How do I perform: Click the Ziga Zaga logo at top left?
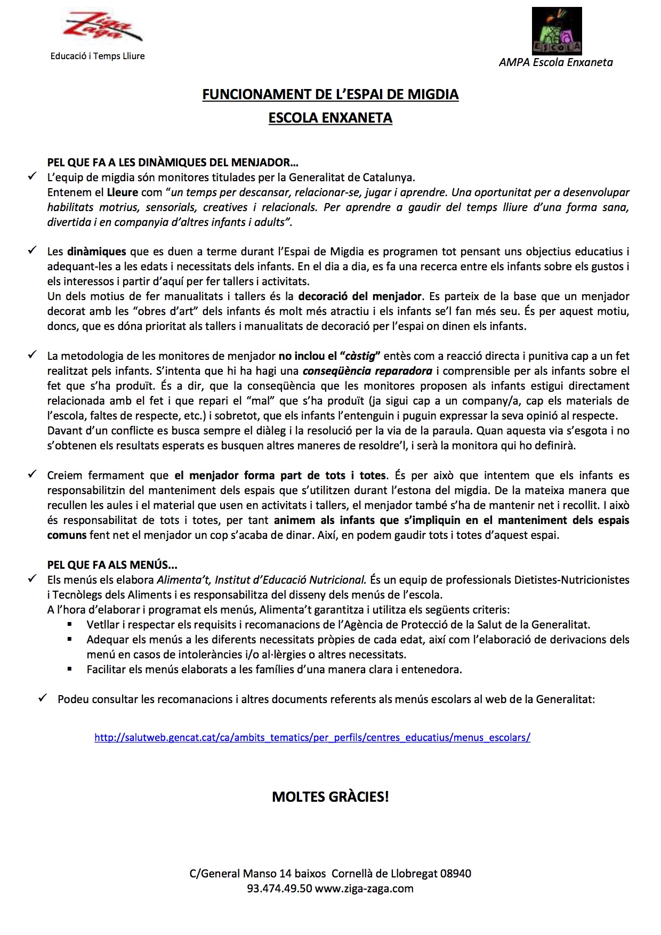102,30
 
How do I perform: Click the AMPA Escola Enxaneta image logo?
557,31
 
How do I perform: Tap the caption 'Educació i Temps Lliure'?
97,56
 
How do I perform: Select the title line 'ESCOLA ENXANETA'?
330,118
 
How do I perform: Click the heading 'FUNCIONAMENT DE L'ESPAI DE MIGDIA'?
330,94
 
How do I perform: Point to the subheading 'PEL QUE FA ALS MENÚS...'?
112,565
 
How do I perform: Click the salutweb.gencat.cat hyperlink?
312,738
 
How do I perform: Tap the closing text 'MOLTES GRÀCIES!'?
330,797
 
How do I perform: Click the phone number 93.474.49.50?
279,889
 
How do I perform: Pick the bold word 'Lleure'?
123,192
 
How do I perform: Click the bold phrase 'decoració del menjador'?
360,296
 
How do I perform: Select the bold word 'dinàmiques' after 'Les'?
97,251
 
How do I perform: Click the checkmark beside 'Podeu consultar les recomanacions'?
43,698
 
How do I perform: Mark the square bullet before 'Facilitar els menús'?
69,669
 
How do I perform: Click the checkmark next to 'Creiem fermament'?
32,474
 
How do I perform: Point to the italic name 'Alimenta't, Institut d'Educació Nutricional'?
261,579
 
